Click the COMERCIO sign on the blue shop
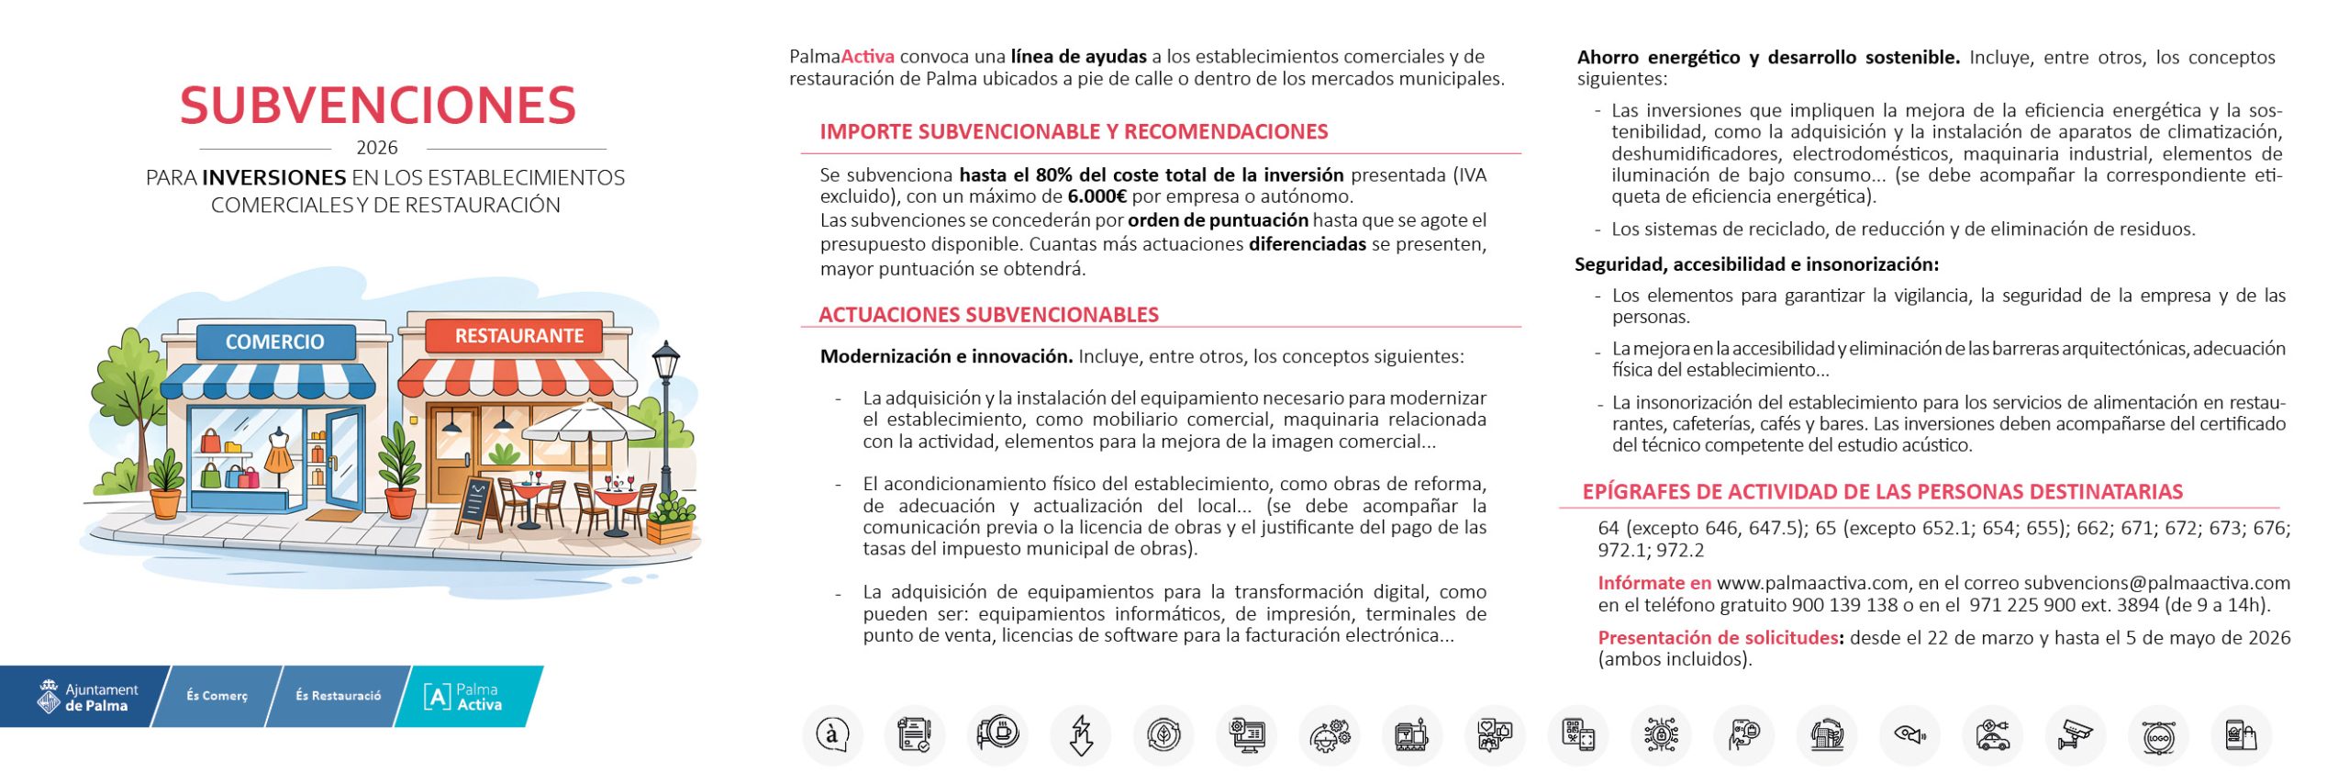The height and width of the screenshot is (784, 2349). coord(274,342)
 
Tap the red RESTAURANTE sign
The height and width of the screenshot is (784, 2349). coord(518,336)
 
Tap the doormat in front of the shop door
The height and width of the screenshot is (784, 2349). coord(336,515)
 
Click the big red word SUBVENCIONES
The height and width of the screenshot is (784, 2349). coord(378,106)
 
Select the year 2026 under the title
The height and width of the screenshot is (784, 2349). coord(377,148)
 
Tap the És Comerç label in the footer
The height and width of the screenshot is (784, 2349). coord(217,696)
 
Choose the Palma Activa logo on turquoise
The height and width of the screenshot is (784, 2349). coord(463,697)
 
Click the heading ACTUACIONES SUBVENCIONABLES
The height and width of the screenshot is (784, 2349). coord(988,315)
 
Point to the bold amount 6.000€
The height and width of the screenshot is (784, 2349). coord(1097,196)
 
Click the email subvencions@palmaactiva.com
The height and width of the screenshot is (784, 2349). coord(2156,583)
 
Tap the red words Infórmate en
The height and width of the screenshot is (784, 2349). coord(1654,583)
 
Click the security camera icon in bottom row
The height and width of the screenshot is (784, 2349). coord(2076,735)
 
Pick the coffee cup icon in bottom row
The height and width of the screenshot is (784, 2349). coord(997,734)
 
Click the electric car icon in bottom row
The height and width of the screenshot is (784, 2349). coord(1993,735)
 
